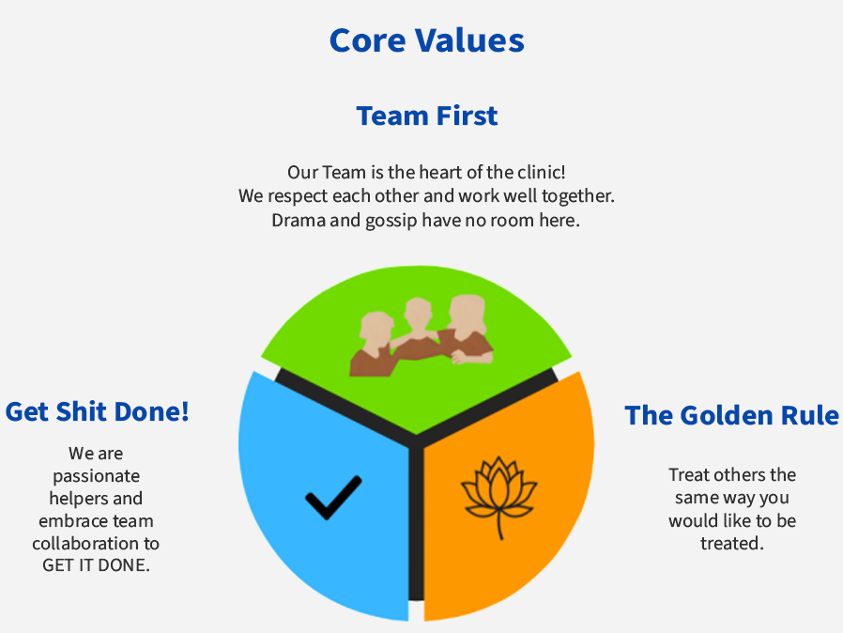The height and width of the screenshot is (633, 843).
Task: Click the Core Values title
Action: [x=427, y=40]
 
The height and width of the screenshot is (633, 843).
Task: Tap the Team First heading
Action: [x=427, y=116]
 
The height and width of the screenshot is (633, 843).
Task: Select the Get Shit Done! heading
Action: [x=98, y=412]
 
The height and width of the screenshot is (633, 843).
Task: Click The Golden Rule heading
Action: [x=731, y=415]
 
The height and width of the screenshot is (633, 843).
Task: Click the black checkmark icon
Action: [x=333, y=498]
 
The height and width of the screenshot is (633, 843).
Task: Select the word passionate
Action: [x=97, y=476]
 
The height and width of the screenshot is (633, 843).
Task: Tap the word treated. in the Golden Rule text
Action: [x=731, y=543]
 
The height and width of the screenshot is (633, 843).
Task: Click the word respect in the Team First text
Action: [x=298, y=196]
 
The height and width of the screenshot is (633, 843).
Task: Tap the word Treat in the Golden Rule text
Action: [x=687, y=475]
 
